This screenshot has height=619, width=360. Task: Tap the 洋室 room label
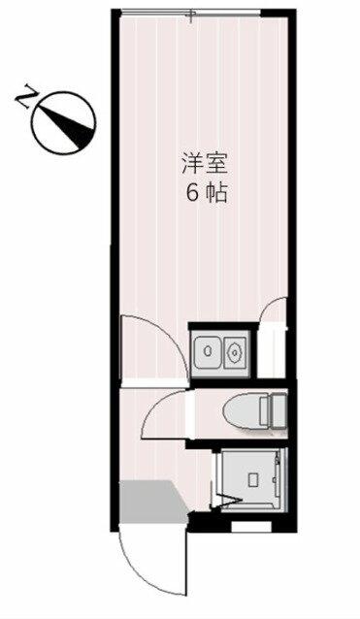pyautogui.click(x=204, y=163)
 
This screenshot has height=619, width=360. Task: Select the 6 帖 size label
pyautogui.click(x=206, y=193)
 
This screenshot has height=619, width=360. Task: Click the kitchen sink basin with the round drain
pyautogui.click(x=208, y=350)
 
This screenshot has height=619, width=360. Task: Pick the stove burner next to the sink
pyautogui.click(x=235, y=351)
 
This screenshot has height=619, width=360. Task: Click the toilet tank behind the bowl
pyautogui.click(x=274, y=411)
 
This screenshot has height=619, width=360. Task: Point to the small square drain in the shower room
pyautogui.click(x=252, y=479)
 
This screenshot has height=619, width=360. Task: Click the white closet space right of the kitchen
pyautogui.click(x=272, y=350)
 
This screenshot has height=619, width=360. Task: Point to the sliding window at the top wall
pyautogui.click(x=190, y=13)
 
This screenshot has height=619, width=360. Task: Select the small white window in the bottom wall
pyautogui.click(x=251, y=527)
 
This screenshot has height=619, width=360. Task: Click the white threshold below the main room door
pyautogui.click(x=153, y=382)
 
